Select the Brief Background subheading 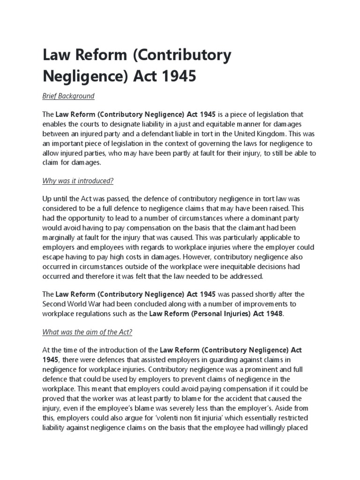68,96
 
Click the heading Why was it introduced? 78,181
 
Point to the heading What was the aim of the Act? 88,332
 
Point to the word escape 53,257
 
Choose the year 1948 273,314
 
